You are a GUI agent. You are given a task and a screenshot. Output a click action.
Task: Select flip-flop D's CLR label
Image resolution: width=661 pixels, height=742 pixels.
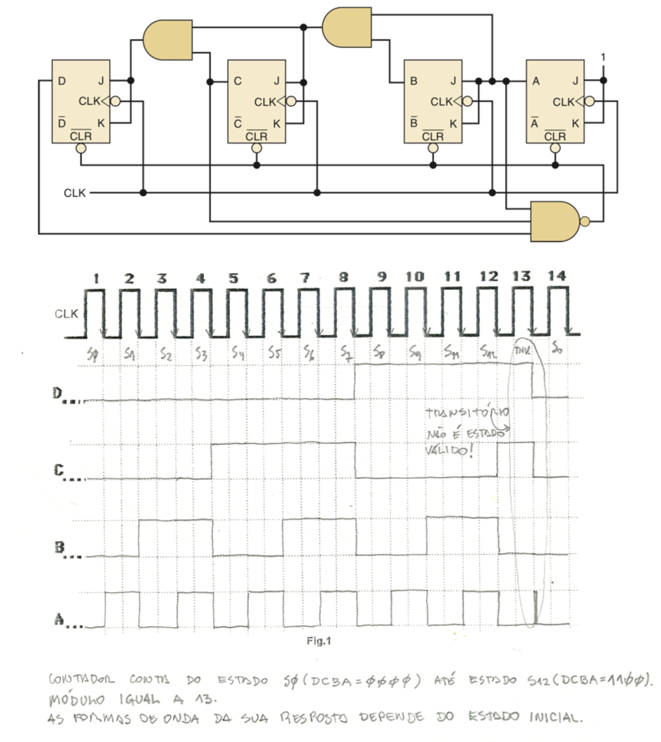80,136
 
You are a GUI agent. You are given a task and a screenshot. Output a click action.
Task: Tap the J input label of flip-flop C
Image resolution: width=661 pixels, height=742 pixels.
277,81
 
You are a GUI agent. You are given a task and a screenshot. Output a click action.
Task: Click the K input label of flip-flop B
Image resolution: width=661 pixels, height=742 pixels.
453,124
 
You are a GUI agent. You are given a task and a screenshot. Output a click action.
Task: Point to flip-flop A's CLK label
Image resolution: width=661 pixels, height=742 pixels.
563,102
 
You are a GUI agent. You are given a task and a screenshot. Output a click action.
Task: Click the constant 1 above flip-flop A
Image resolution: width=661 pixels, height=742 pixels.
603,57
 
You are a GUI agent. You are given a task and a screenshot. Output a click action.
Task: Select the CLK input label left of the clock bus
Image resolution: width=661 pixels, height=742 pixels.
74,193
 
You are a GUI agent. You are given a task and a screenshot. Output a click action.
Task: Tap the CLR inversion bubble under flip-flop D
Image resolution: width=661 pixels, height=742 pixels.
81,148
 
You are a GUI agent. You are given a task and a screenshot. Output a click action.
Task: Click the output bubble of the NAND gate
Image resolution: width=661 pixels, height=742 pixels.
585,221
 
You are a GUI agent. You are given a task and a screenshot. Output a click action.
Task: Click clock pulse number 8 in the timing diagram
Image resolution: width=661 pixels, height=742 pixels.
343,278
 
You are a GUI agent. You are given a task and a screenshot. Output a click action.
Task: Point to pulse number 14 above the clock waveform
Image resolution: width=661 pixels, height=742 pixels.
556,276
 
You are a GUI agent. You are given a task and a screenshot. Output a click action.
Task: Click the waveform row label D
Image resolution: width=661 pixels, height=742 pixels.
57,394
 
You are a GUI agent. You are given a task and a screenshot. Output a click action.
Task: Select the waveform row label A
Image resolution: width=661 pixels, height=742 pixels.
59,619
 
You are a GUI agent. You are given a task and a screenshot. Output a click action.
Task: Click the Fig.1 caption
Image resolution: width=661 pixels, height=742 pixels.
319,641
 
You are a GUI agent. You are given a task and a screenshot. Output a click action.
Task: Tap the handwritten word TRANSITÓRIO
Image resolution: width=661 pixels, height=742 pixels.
467,413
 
